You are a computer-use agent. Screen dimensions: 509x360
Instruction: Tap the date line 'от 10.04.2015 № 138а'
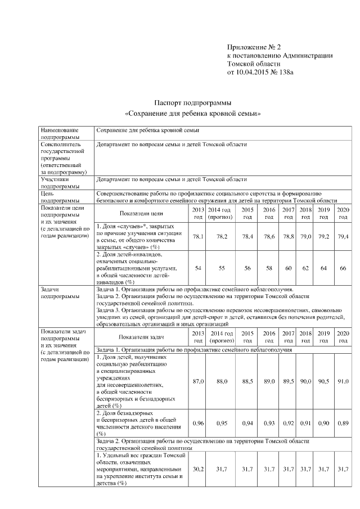coord(260,72)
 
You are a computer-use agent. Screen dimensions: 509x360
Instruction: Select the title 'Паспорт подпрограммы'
coord(193,103)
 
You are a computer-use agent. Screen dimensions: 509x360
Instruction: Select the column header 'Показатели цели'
coord(141,213)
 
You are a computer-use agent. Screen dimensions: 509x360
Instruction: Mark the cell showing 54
coord(198,268)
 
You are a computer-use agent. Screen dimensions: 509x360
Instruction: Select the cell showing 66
coord(343,268)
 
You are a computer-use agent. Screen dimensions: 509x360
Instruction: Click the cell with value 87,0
coord(198,381)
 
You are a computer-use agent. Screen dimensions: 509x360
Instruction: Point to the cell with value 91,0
coord(343,381)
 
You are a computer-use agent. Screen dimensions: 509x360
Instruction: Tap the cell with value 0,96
coord(198,422)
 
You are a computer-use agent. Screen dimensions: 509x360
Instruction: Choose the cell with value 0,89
coord(343,422)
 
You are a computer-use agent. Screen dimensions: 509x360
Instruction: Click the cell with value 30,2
coord(198,469)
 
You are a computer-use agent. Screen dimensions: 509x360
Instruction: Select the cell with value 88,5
coord(247,381)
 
